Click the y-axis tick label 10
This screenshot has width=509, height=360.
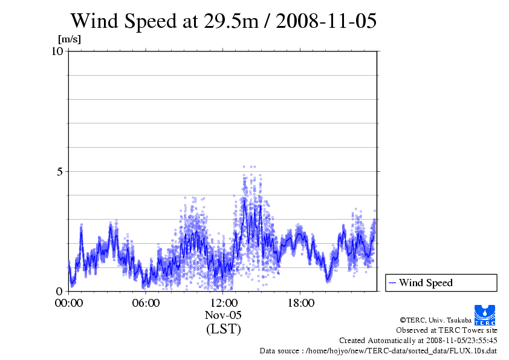coord(57,51)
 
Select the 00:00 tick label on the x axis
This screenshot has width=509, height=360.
coord(68,303)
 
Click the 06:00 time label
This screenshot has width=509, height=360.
coord(146,303)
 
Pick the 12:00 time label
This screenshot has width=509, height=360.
coord(223,303)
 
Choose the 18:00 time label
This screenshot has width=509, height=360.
coord(300,303)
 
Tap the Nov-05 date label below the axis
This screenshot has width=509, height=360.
coord(223,315)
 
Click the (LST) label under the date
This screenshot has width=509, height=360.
coord(223,329)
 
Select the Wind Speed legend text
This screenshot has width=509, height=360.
coord(426,283)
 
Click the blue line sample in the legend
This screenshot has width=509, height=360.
coord(392,283)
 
